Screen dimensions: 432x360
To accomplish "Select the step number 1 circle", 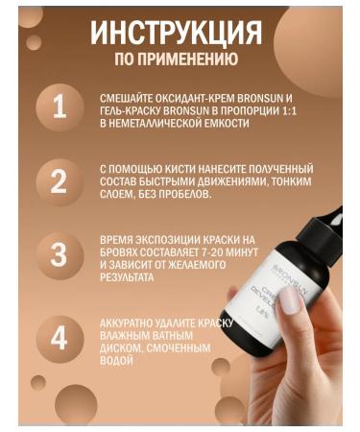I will click(x=60, y=106).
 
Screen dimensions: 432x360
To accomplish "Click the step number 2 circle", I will click(x=60, y=180).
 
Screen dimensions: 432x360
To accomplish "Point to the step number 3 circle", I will click(x=60, y=255).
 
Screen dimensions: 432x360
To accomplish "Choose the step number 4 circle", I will click(x=60, y=339).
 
